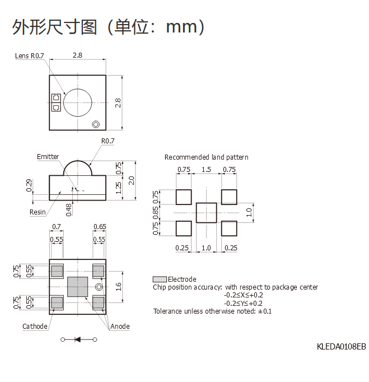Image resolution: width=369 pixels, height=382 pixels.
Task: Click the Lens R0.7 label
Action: (x=30, y=56)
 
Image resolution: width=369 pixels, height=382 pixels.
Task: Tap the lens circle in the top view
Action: (x=77, y=103)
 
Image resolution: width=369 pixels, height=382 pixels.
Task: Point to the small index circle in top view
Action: (x=96, y=124)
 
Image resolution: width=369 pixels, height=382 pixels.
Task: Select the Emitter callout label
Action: (x=48, y=156)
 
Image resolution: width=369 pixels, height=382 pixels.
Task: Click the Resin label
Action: (x=38, y=212)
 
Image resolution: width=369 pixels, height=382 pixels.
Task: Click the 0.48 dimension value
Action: (x=69, y=209)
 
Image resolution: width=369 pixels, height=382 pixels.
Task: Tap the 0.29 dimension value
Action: (x=29, y=185)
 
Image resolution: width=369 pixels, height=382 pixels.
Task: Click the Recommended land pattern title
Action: (x=206, y=157)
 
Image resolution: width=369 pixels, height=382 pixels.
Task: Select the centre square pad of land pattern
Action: (x=206, y=213)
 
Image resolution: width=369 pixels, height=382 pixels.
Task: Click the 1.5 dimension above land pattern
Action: (x=206, y=170)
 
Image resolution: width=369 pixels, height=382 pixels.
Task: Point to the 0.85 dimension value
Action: (x=156, y=213)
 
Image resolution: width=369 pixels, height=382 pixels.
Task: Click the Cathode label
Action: (x=35, y=326)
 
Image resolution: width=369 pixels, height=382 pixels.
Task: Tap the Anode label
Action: (x=120, y=326)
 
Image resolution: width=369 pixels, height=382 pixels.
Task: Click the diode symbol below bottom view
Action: (x=78, y=339)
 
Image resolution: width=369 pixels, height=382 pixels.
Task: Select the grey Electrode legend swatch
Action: (x=160, y=279)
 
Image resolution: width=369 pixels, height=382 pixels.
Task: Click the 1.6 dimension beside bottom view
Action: (x=119, y=287)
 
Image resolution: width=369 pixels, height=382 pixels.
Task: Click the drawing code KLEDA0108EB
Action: (x=341, y=347)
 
